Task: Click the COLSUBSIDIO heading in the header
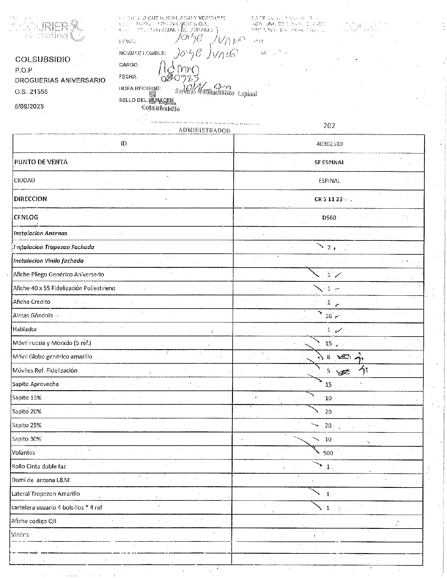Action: [43, 59]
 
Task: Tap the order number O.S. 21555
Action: [31, 92]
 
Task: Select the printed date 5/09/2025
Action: [29, 106]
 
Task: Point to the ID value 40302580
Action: [329, 144]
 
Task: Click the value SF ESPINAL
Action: [329, 162]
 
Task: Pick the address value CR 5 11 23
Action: [328, 199]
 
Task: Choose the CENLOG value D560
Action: [329, 217]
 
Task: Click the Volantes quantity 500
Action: [328, 453]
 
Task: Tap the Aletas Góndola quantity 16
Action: [329, 316]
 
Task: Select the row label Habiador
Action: [25, 329]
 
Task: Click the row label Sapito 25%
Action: [27, 425]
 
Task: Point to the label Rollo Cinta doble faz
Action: [39, 466]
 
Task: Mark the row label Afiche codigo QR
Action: [34, 521]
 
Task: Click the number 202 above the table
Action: [329, 125]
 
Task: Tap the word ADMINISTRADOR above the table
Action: [205, 130]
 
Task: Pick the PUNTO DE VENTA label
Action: [41, 162]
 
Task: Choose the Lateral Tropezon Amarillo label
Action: [46, 494]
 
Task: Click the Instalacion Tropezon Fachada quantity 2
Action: [329, 247]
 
